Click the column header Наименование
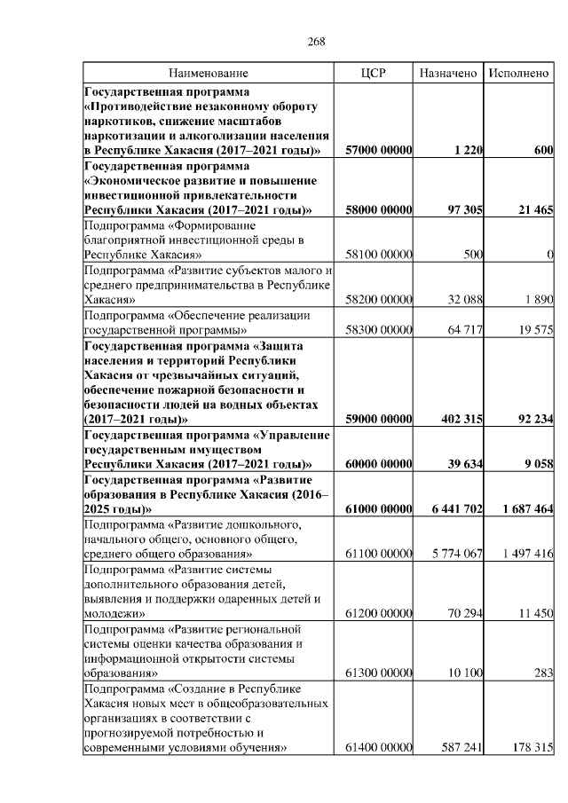click(209, 73)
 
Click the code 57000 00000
click(379, 152)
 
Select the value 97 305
click(461, 209)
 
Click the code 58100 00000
click(379, 255)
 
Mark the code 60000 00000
click(379, 463)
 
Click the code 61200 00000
click(379, 613)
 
